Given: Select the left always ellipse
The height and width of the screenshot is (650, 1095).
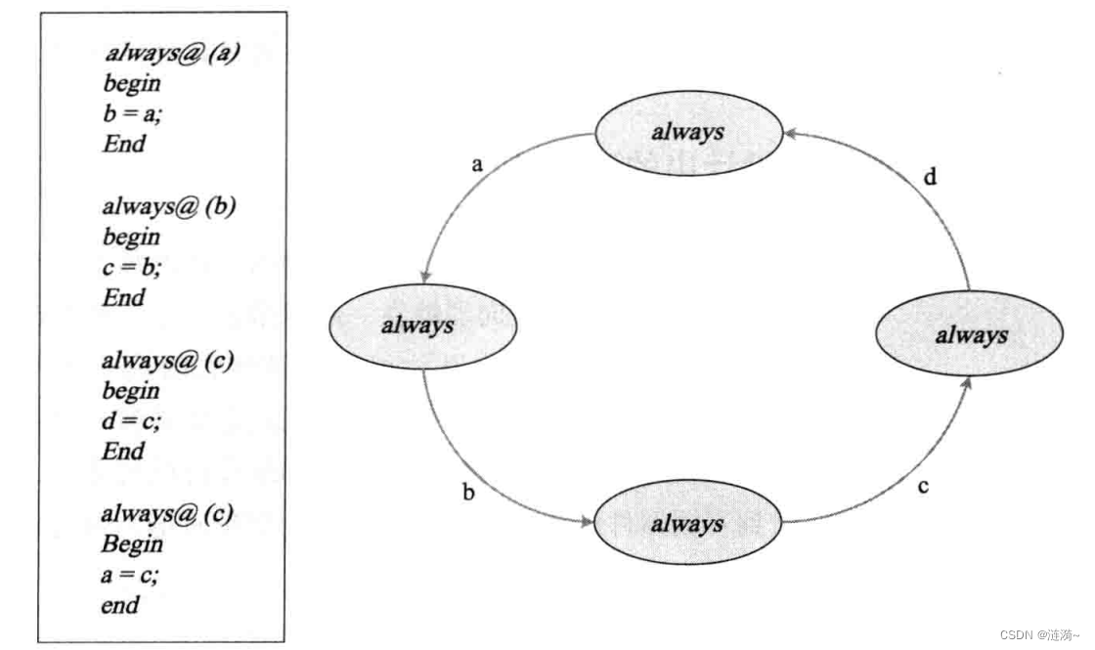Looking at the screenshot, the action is coord(419,325).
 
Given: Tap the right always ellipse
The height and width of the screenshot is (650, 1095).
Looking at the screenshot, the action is coord(970,335).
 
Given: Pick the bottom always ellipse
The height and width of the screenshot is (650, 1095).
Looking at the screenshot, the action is coord(689,524).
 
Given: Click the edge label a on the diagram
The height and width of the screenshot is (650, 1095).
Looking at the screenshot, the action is coord(477,164).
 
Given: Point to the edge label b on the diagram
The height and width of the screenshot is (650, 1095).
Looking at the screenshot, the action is coord(468,493).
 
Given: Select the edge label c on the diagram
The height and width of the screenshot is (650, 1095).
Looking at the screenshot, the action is coord(923,486).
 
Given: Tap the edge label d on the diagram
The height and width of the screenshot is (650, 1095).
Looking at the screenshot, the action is coord(931,177).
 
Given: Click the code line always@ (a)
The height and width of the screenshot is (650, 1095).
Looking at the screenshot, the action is coord(171,53).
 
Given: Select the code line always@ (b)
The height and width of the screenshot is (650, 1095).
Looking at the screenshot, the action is coord(169,207).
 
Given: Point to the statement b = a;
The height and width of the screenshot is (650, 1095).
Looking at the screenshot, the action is coord(131,114).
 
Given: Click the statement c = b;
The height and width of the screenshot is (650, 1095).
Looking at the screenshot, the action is coord(131,268).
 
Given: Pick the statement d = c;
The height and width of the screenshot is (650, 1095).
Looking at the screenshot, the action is coord(131,421).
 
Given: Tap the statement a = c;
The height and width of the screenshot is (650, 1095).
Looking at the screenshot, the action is coord(130,575).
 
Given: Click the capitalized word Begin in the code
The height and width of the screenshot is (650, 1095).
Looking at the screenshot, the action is coord(132,544).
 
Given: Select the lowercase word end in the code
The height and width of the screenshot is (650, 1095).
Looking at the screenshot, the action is coord(120,605).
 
